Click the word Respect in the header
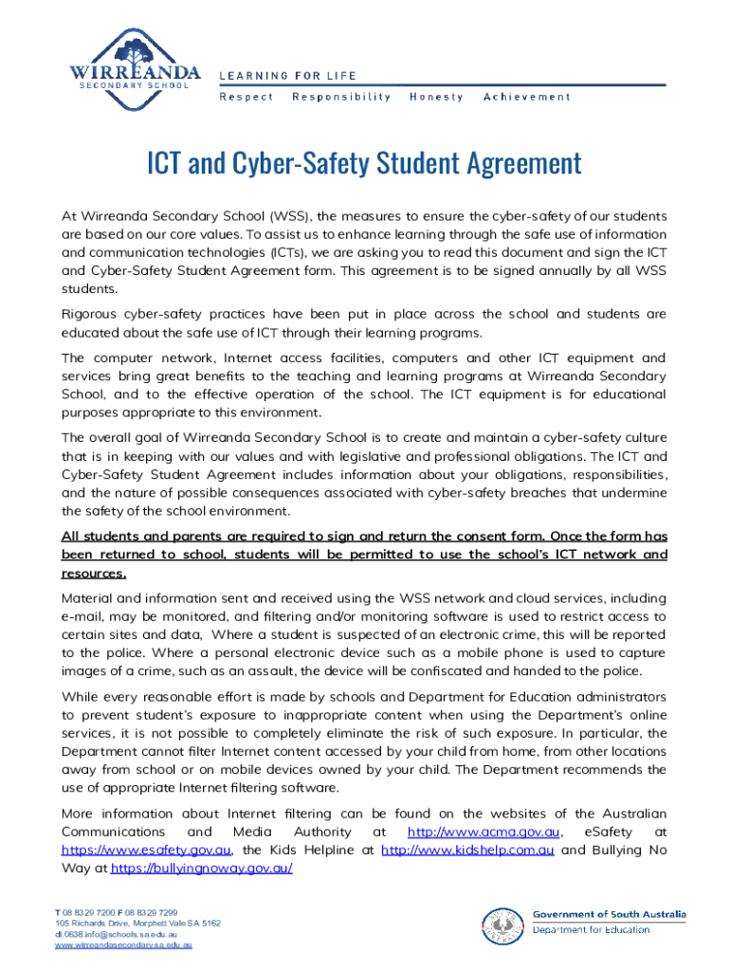tap(246, 97)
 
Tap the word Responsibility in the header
tap(341, 97)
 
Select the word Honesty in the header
tap(437, 97)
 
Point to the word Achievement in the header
tap(527, 97)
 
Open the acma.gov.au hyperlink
tap(483, 832)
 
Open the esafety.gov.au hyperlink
tap(147, 850)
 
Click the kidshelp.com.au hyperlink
tap(467, 850)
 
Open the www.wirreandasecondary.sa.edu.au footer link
tap(124, 945)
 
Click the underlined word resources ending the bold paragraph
tap(93, 574)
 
